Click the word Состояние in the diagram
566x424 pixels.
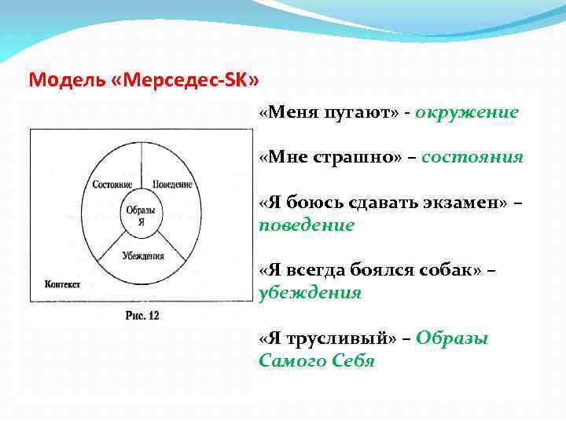pyautogui.click(x=112, y=185)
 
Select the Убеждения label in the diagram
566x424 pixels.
pyautogui.click(x=142, y=255)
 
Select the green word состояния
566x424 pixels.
pyautogui.click(x=472, y=157)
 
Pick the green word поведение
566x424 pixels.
pyautogui.click(x=307, y=225)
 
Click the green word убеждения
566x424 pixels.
pyautogui.click(x=310, y=293)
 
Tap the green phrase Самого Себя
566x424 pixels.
pyautogui.click(x=316, y=361)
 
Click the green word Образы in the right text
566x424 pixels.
pyautogui.click(x=452, y=338)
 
